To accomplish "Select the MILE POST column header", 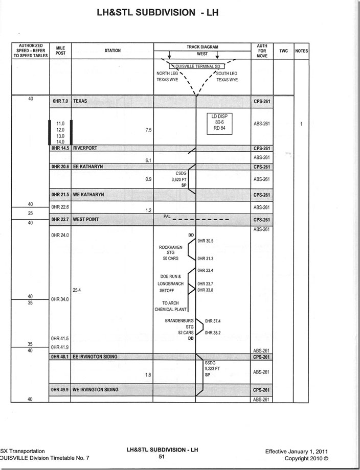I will tap(60, 51).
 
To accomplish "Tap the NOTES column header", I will tap(302, 51).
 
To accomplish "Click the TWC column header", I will tap(284, 51).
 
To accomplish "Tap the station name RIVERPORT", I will tap(85, 148).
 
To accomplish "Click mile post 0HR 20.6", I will tap(60, 167).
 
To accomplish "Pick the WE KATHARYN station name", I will tap(88, 195).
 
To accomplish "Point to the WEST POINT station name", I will tap(86, 219).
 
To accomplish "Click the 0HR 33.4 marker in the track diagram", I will tap(205, 270).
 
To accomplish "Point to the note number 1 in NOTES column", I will tap(302, 124).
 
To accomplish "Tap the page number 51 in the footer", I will tap(161, 457).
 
